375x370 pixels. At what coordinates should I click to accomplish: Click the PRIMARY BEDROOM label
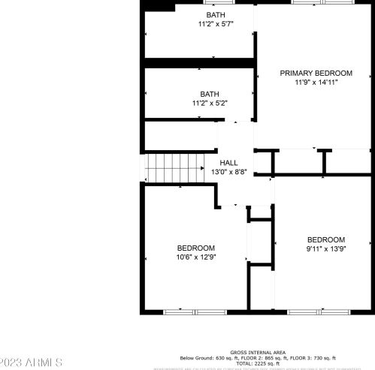316,73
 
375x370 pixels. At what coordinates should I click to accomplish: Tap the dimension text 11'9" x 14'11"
316,82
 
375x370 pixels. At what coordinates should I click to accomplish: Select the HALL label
228,163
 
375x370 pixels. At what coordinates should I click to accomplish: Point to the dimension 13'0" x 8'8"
228,172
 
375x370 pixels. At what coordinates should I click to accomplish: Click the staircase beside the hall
174,167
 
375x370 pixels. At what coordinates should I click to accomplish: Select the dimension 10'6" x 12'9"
196,257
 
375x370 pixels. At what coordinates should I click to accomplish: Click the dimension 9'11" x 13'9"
325,248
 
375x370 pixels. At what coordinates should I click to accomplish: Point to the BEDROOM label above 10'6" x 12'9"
196,248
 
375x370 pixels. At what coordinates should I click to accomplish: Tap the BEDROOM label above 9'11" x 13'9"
325,239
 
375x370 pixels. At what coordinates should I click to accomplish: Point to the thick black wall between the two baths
198,62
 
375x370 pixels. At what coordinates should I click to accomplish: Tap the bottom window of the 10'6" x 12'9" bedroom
180,311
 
